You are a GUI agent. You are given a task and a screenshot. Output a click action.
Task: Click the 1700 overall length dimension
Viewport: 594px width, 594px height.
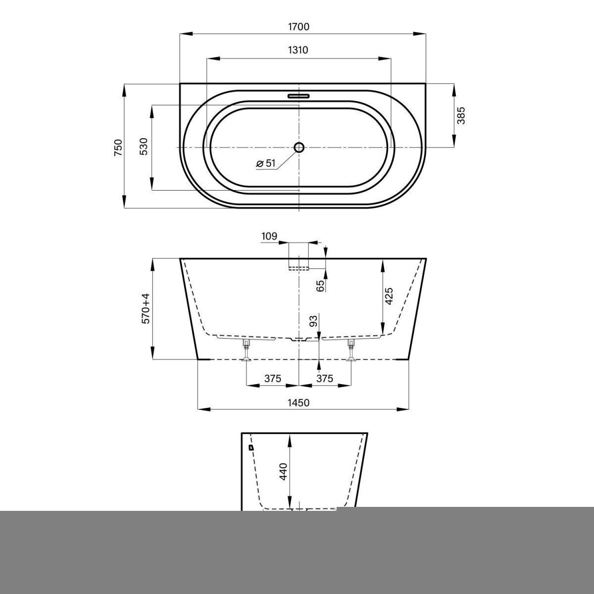coord(298,27)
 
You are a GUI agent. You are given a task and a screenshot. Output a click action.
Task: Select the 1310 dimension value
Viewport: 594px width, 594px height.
coord(298,50)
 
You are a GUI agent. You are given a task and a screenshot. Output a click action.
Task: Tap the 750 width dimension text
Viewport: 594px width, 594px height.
coord(118,148)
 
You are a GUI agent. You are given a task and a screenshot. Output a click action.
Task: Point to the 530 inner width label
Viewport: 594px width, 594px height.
coord(144,147)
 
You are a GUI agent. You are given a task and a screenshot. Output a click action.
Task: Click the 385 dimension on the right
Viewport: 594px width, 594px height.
coord(461,116)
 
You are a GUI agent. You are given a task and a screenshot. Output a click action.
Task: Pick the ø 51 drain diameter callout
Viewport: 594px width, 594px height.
coord(266,163)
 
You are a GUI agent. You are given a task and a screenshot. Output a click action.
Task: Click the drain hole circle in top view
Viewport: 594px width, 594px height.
coord(298,148)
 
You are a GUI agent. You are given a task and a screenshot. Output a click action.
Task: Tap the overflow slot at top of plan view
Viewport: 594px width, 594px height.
coord(298,96)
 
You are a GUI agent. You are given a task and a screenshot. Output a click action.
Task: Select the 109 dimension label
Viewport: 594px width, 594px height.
coord(269,237)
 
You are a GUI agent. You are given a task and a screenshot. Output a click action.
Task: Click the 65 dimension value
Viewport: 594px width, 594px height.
coord(321,286)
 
